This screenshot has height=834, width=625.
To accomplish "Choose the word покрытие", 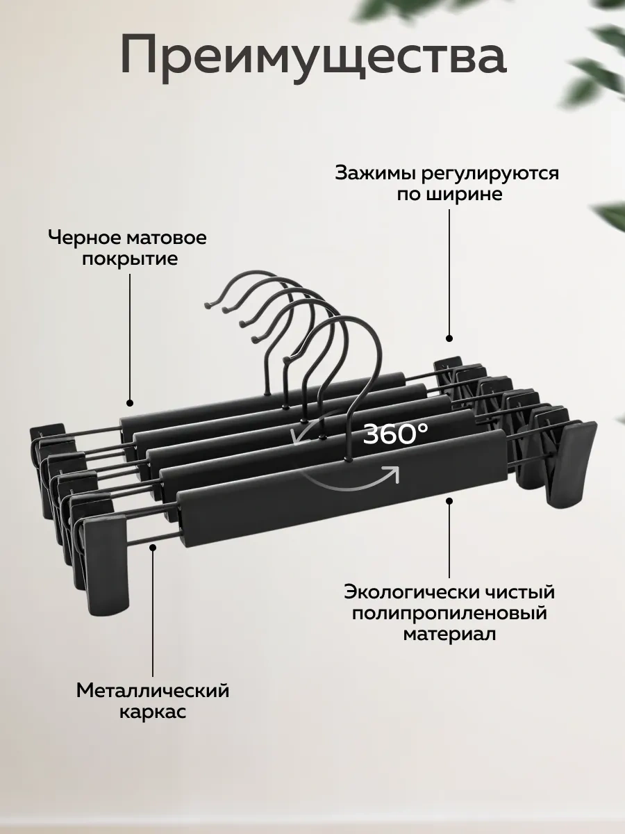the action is [130, 259].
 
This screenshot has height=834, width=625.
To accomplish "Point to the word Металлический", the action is [153, 691].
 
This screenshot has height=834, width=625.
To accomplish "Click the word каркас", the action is [153, 712].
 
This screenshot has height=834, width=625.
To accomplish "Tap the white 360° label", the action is [395, 434].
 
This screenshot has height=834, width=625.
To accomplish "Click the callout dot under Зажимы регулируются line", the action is [449, 338].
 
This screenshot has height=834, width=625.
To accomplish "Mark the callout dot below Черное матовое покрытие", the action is [130, 402].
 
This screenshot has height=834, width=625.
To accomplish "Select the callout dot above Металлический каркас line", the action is [153, 547].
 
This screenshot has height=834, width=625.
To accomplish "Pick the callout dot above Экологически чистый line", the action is [449, 501].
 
